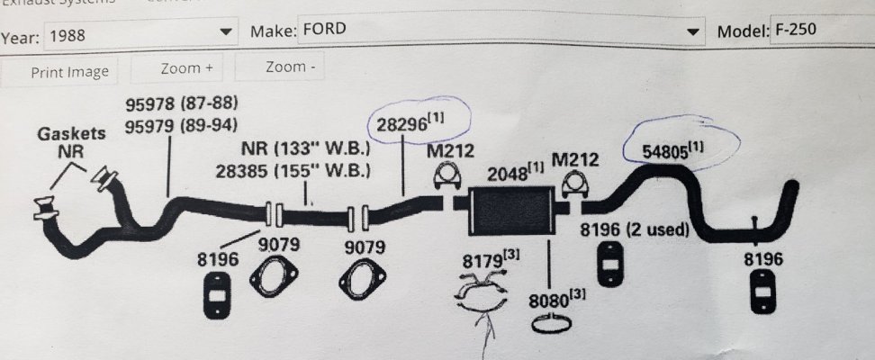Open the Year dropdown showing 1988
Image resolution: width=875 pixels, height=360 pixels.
tap(140, 35)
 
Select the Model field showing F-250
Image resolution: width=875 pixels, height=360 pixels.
tap(821, 30)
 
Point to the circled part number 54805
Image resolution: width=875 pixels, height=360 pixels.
tap(672, 151)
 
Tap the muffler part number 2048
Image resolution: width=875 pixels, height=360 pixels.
tap(515, 173)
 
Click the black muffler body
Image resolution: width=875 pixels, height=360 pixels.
tap(511, 211)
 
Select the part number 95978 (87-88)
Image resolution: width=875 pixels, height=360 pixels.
tap(181, 103)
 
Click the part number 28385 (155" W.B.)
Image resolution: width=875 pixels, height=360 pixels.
tap(293, 170)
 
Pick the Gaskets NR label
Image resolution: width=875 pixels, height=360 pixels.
tap(71, 142)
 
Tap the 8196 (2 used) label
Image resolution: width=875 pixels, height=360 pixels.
tap(634, 229)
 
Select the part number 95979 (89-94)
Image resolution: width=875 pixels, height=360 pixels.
tap(181, 126)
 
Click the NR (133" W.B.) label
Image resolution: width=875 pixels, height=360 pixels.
tap(306, 149)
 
